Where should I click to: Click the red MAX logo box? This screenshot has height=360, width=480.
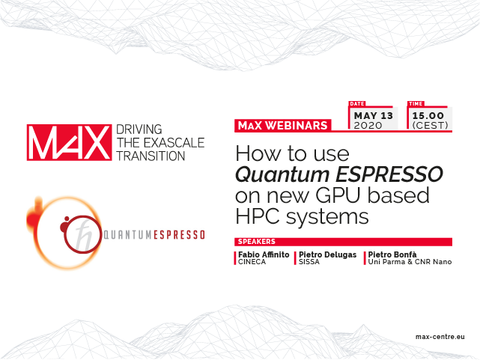pyautogui.click(x=69, y=142)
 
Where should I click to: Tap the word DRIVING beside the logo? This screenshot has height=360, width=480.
pyautogui.click(x=139, y=129)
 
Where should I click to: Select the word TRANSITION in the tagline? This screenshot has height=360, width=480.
pyautogui.click(x=151, y=156)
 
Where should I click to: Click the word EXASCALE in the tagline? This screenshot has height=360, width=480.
pyautogui.click(x=174, y=143)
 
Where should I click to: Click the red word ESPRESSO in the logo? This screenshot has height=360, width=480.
pyautogui.click(x=179, y=235)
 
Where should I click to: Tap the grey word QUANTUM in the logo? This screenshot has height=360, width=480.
pyautogui.click(x=127, y=235)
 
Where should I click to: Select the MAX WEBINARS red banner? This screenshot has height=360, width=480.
pyautogui.click(x=283, y=126)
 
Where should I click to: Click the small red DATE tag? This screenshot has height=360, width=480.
pyautogui.click(x=357, y=104)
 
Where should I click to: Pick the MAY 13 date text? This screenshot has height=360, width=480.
pyautogui.click(x=374, y=115)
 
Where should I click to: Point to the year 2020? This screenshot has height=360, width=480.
pyautogui.click(x=368, y=126)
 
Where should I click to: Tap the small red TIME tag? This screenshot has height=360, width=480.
pyautogui.click(x=416, y=104)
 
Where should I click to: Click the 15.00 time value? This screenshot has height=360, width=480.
pyautogui.click(x=428, y=115)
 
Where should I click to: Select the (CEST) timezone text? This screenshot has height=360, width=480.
pyautogui.click(x=430, y=126)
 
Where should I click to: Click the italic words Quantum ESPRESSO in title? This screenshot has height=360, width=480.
pyautogui.click(x=339, y=174)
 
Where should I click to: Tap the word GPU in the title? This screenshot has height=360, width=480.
pyautogui.click(x=338, y=195)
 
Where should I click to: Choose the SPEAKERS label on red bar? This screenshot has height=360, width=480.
pyautogui.click(x=257, y=242)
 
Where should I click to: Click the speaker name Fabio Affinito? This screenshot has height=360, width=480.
pyautogui.click(x=264, y=254)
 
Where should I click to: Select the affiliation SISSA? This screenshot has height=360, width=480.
pyautogui.click(x=309, y=262)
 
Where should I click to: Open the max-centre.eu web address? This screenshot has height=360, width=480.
pyautogui.click(x=440, y=337)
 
